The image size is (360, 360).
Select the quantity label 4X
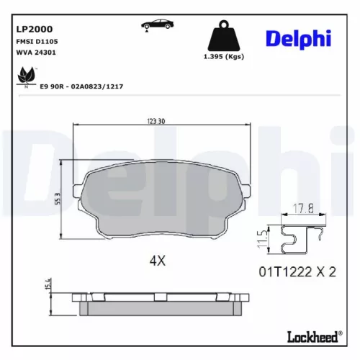point(158,261)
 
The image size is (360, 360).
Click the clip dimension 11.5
point(264,238)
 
